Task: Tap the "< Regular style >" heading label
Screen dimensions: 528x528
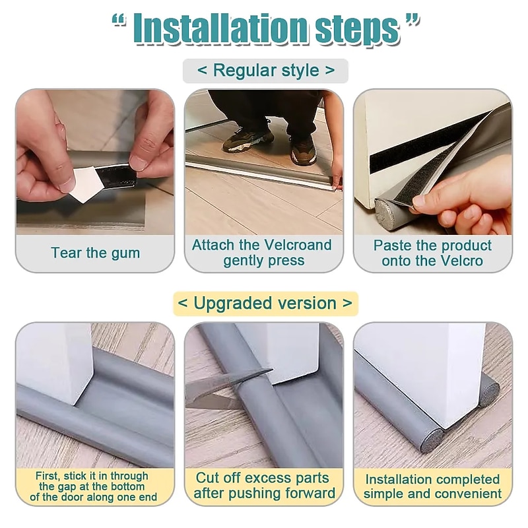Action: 265,71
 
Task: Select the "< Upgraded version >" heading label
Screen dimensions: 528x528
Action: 265,304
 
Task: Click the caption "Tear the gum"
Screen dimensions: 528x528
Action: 95,253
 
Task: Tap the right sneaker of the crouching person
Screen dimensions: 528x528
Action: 303,151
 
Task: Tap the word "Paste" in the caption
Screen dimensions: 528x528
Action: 393,246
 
